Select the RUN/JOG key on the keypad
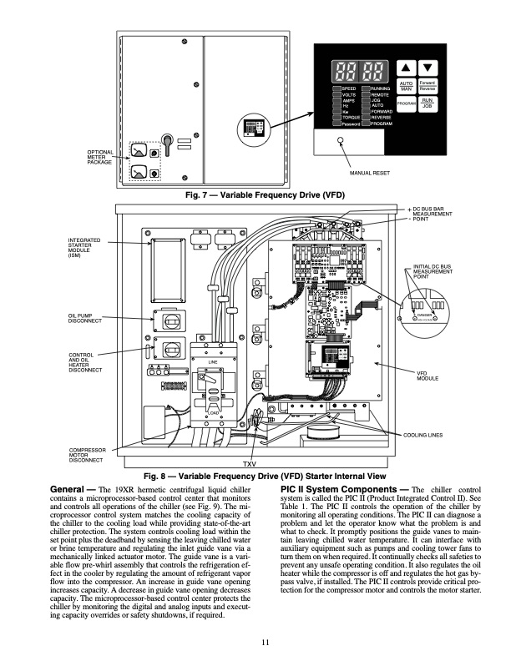(427, 103)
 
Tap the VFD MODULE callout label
(428, 376)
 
